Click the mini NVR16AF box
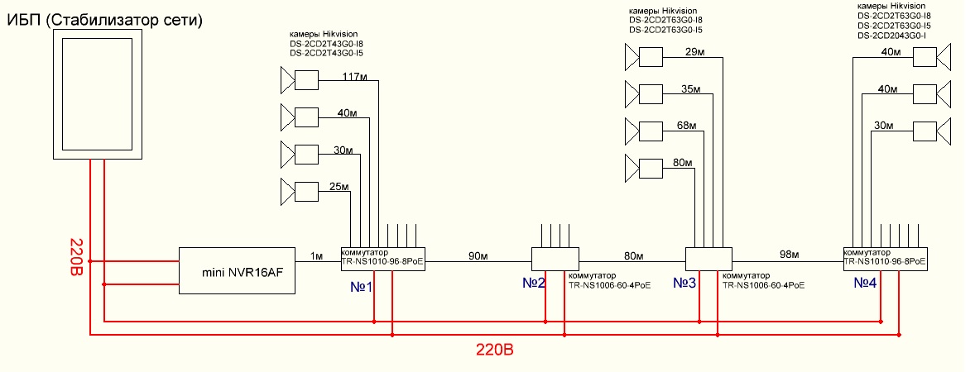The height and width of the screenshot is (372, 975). point(237,270)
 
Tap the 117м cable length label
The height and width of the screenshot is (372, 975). point(355,77)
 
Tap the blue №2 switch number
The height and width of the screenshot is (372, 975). point(534,284)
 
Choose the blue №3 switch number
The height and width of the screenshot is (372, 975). point(684,284)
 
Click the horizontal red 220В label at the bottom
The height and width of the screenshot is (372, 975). point(495,350)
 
